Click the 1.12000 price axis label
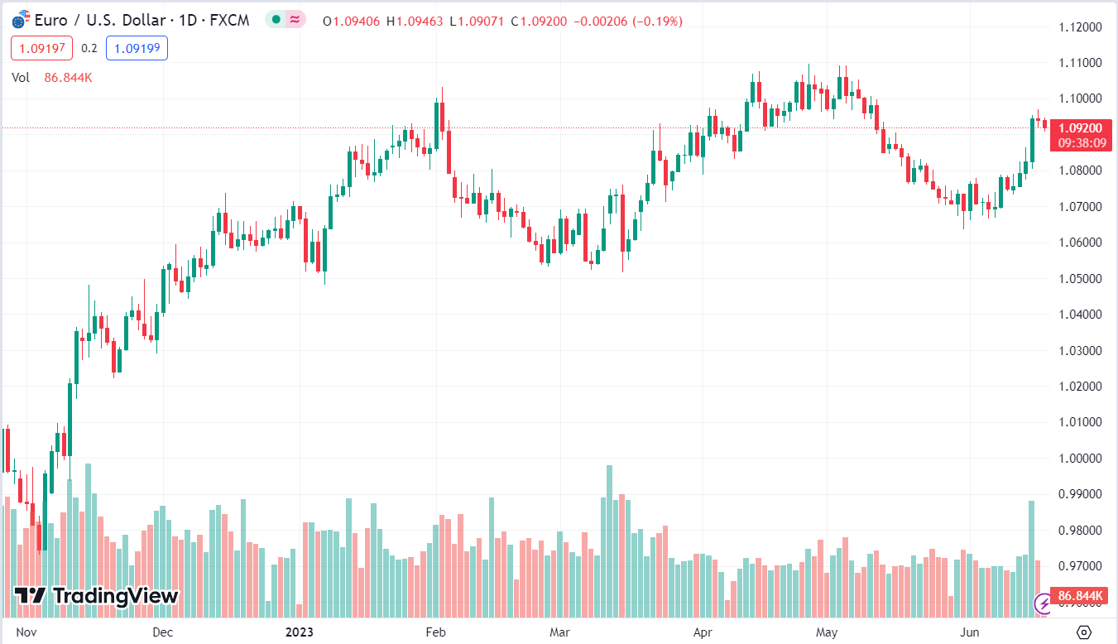[x=1080, y=26]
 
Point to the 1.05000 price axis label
[x=1080, y=278]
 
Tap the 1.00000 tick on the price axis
[x=1080, y=458]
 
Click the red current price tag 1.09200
[x=1081, y=128]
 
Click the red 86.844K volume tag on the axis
[x=1082, y=596]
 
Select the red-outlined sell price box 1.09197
[x=42, y=48]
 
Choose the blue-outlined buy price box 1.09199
[x=137, y=48]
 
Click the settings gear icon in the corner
[x=1084, y=632]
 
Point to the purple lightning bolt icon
[x=1044, y=605]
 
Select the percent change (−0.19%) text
[x=657, y=21]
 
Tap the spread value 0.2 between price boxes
[x=89, y=48]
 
